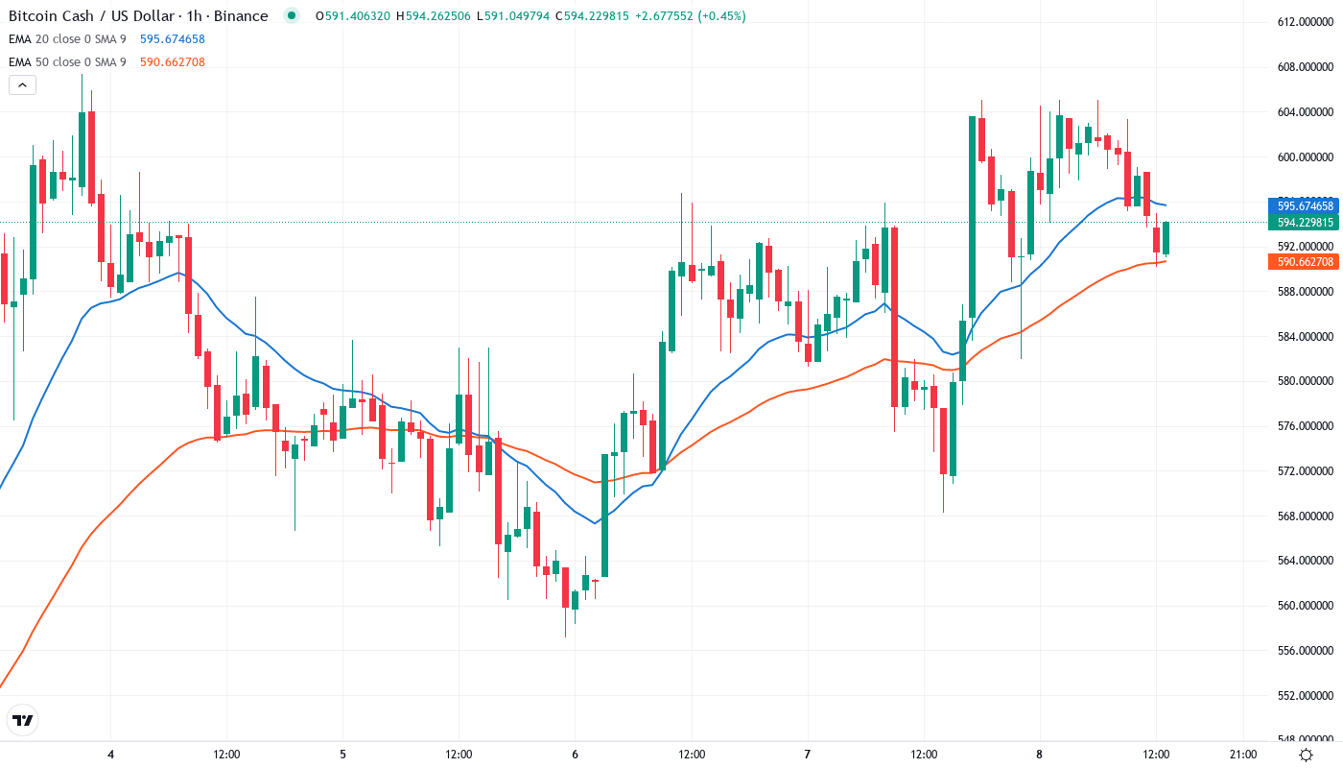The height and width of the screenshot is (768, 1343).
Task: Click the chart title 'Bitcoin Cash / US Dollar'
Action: pos(91,16)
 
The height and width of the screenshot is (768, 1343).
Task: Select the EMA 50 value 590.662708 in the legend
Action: pos(172,62)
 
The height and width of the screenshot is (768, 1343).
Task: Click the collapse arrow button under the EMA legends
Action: pos(22,85)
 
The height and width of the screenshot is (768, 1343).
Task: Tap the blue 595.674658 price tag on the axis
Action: pos(1305,205)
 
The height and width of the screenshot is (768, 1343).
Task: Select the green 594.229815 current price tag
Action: pos(1305,223)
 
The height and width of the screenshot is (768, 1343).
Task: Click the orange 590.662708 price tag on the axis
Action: pos(1305,262)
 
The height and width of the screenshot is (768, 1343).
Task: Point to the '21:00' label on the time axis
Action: pos(1243,755)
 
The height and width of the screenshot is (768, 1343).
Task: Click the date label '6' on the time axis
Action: pos(575,755)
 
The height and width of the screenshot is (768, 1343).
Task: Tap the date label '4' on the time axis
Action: pos(111,755)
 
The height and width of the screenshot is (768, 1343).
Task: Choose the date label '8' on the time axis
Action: pos(1039,755)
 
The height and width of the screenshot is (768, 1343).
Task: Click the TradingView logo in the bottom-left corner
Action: pos(23,720)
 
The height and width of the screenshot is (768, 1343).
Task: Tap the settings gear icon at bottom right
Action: pos(1306,755)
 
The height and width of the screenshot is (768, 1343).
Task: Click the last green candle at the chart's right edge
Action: pos(1166,238)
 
